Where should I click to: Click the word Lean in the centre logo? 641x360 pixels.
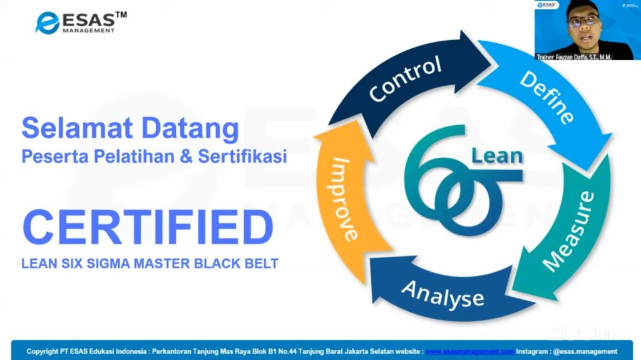tap(497, 156)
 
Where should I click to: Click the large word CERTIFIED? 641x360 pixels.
tap(148, 227)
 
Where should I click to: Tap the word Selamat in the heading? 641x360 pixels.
tap(77, 128)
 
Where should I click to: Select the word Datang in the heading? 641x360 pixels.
tap(190, 129)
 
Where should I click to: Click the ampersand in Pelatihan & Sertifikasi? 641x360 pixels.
tap(186, 157)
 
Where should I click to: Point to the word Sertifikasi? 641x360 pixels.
tap(242, 157)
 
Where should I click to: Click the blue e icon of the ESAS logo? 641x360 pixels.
tap(48, 23)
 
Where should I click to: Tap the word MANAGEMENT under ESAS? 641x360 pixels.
tap(89, 30)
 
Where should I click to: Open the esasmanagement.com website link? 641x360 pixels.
tap(469, 351)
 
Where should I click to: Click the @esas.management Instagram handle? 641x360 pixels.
tap(585, 351)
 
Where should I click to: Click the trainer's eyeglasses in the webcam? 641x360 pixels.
tap(583, 21)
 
